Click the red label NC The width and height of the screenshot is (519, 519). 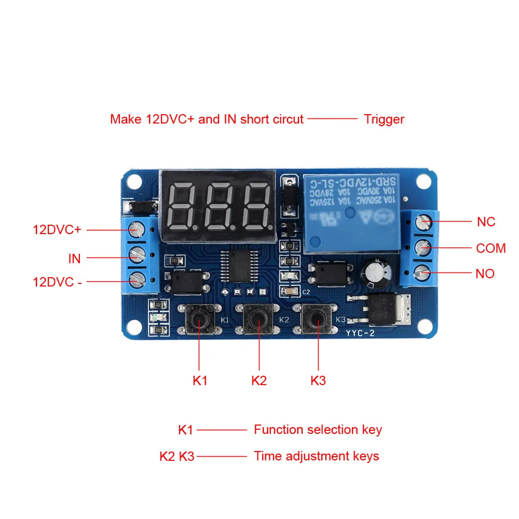[486, 222]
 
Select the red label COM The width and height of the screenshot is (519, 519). [490, 249]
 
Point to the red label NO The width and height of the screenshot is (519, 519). [485, 274]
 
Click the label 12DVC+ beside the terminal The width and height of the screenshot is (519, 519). [57, 229]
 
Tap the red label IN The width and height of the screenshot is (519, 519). [75, 258]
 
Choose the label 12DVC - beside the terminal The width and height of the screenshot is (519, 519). [57, 282]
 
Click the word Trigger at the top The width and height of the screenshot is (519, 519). [384, 119]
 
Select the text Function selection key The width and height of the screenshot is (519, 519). [318, 430]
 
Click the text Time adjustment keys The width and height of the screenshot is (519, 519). [316, 456]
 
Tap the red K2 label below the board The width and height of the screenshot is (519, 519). [259, 380]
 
